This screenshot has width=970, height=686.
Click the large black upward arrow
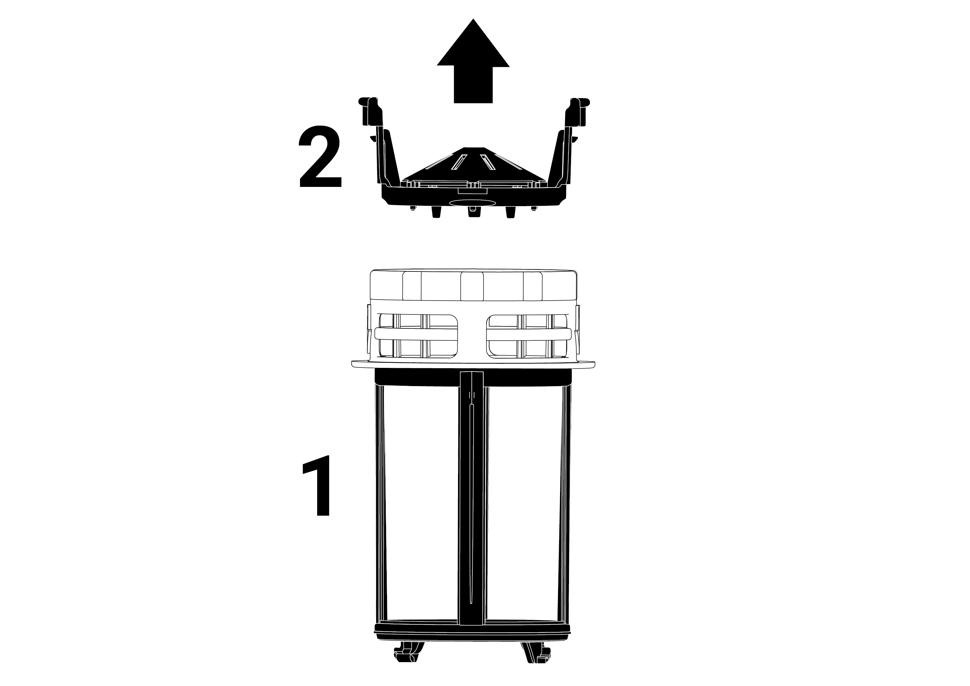click(473, 63)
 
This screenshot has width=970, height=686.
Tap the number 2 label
click(320, 156)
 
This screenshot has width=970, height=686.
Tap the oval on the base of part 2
click(473, 203)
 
